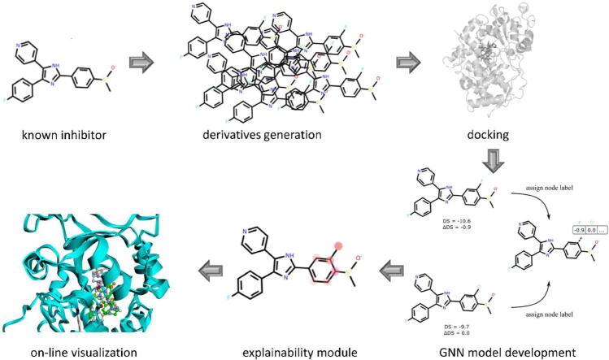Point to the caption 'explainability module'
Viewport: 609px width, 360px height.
coord(298,353)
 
